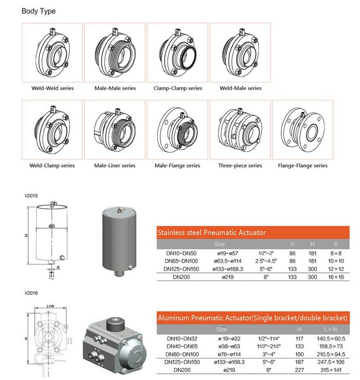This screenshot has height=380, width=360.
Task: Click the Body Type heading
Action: (x=39, y=11)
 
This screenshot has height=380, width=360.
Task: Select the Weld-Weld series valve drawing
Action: (x=52, y=53)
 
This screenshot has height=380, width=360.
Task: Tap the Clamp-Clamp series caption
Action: (x=178, y=88)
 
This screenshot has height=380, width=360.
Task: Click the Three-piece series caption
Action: (x=240, y=166)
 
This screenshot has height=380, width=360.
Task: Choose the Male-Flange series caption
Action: (x=178, y=166)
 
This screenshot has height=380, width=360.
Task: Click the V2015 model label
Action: (x=31, y=196)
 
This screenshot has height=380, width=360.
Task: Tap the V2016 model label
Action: (x=31, y=293)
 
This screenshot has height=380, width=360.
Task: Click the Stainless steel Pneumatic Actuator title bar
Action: (x=252, y=233)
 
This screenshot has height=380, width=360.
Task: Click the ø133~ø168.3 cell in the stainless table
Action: (x=231, y=268)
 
